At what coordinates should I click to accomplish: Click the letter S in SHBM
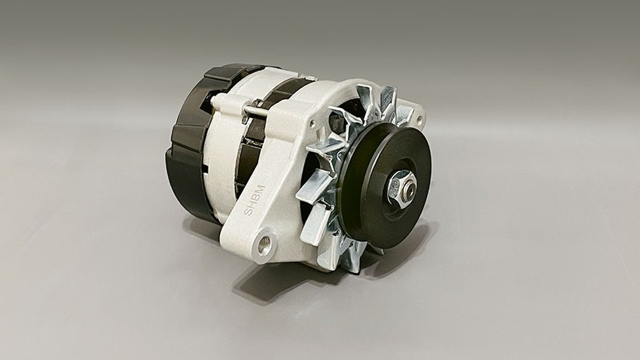click(248, 211)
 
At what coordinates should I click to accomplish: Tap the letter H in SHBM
click(251, 203)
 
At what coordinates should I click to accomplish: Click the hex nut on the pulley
click(401, 186)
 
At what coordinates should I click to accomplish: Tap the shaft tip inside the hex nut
click(410, 188)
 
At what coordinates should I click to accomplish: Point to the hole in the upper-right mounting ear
click(419, 121)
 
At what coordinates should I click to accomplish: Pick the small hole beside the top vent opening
click(312, 123)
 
